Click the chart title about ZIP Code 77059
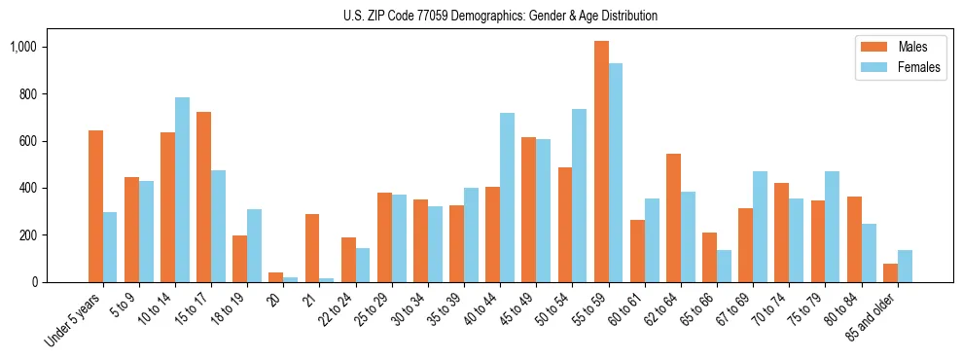click(x=500, y=16)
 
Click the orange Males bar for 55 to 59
click(x=601, y=162)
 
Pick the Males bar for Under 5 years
click(x=95, y=206)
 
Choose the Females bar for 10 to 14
click(x=182, y=190)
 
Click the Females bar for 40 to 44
click(x=507, y=198)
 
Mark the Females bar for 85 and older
click(x=905, y=266)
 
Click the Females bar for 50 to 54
click(x=579, y=196)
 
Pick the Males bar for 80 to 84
click(x=854, y=239)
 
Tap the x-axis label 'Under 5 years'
click(x=74, y=320)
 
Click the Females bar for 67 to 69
click(x=760, y=227)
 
